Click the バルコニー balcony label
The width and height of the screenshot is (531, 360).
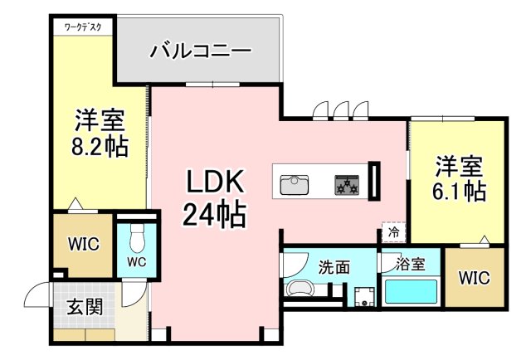200,51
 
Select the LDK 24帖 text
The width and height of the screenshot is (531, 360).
213,199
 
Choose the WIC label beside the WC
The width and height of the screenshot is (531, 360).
84,244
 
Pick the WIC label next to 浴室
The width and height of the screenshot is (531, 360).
473,276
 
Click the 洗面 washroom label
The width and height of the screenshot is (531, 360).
334,267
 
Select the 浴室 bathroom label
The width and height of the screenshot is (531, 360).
411,265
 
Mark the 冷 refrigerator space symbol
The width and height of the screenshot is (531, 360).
393,233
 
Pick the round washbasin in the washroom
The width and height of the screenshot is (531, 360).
300,290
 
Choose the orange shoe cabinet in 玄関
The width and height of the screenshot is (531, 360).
86,335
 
